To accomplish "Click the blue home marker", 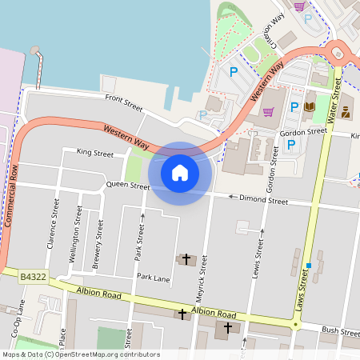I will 180,172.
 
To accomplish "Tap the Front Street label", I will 123,101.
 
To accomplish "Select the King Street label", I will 95,152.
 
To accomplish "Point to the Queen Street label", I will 128,186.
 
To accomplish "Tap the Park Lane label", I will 153,278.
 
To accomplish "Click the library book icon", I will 309,106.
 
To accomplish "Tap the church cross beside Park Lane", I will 186,259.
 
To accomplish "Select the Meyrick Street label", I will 202,277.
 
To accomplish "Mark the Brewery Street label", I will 98,242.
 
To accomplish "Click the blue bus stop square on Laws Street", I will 307,265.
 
